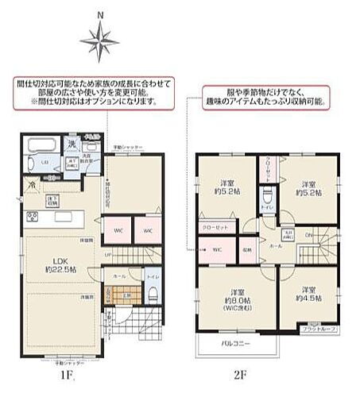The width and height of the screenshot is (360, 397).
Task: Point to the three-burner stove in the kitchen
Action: [x=33, y=216]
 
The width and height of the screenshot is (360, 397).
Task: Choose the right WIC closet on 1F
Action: [x=148, y=230]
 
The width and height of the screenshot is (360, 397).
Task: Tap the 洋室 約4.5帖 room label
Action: [x=307, y=294]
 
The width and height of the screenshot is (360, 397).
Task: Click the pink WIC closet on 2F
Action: [x=215, y=249]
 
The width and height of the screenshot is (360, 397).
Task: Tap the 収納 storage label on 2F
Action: [x=246, y=249]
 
